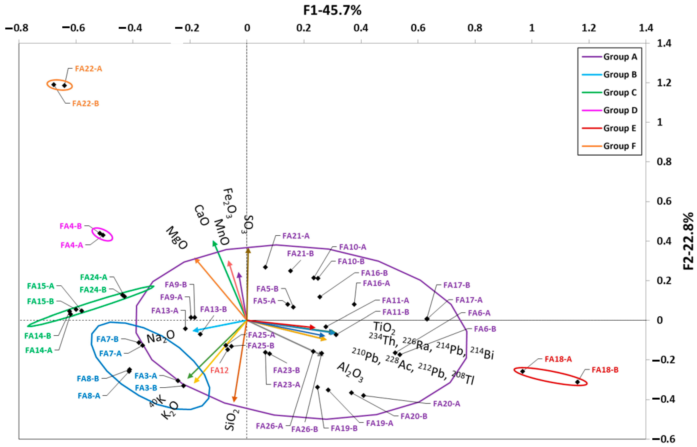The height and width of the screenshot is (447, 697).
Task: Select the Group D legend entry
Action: (620, 110)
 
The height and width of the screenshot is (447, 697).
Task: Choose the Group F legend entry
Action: (619, 146)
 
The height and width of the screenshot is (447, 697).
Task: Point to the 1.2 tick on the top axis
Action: (589, 28)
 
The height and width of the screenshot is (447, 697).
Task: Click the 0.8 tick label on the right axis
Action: (664, 162)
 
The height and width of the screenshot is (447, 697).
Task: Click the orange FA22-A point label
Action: (88, 69)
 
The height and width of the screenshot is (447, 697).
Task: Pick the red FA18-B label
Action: (605, 370)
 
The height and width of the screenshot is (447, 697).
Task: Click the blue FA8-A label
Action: (89, 396)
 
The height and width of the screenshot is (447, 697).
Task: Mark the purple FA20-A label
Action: (447, 404)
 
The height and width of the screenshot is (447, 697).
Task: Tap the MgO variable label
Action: (176, 238)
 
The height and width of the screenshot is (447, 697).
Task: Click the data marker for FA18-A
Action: (523, 371)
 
